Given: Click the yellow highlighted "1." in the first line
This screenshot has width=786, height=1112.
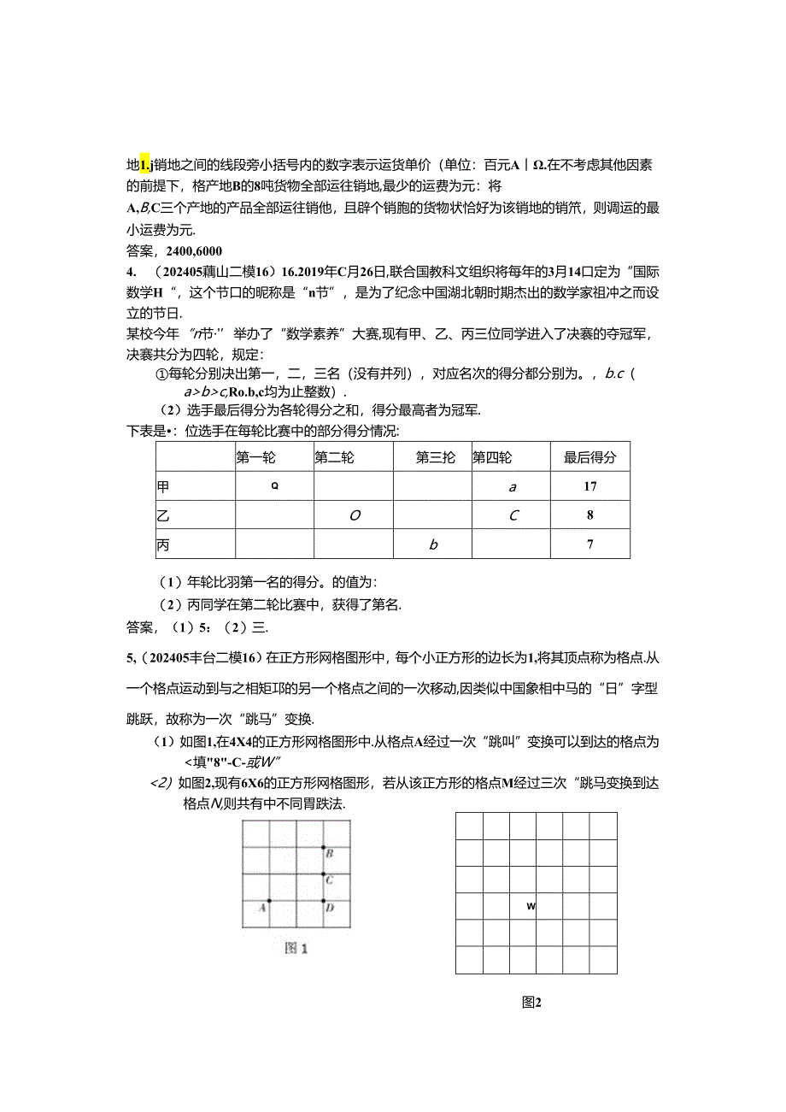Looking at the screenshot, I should point(145,164).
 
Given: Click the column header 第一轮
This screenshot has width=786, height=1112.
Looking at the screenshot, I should point(255,457).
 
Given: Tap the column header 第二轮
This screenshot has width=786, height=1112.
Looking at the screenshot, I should point(334,457).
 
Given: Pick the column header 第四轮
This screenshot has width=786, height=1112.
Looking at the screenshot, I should point(493,457).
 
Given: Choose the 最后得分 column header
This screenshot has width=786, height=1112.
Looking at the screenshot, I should point(589,457).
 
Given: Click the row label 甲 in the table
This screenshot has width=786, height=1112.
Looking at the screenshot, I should point(163,486).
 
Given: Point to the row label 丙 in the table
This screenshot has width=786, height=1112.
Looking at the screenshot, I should point(163,544).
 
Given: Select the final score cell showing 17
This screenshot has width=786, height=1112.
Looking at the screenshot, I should point(590,486).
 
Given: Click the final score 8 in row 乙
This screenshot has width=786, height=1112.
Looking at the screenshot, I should point(590,515).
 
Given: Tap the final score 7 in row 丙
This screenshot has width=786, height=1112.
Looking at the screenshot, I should point(590,544).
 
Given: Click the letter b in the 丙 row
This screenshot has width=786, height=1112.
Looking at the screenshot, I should point(433,544).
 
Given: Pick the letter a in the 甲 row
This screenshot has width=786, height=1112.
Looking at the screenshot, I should point(513,486).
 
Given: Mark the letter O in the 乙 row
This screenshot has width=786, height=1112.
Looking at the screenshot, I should point(354,515).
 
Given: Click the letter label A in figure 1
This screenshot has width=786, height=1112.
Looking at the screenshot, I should point(261,908).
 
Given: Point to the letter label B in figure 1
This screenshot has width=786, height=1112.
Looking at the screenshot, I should point(330,854).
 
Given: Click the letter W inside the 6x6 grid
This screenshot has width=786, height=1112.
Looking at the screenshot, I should point(531,906).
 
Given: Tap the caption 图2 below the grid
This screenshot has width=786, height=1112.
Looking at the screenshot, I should point(532,1003).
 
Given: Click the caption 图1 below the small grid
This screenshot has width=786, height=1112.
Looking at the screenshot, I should point(296,948).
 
